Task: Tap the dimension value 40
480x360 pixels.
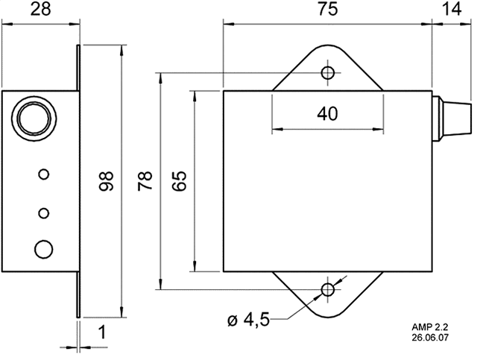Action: coord(327,114)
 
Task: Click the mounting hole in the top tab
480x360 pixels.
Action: coord(327,73)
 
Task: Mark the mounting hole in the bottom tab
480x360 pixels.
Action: coord(327,289)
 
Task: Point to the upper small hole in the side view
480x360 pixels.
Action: coord(44,174)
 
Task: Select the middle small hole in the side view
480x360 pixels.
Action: coord(44,213)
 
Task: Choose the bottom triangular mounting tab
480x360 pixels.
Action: coord(328,294)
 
